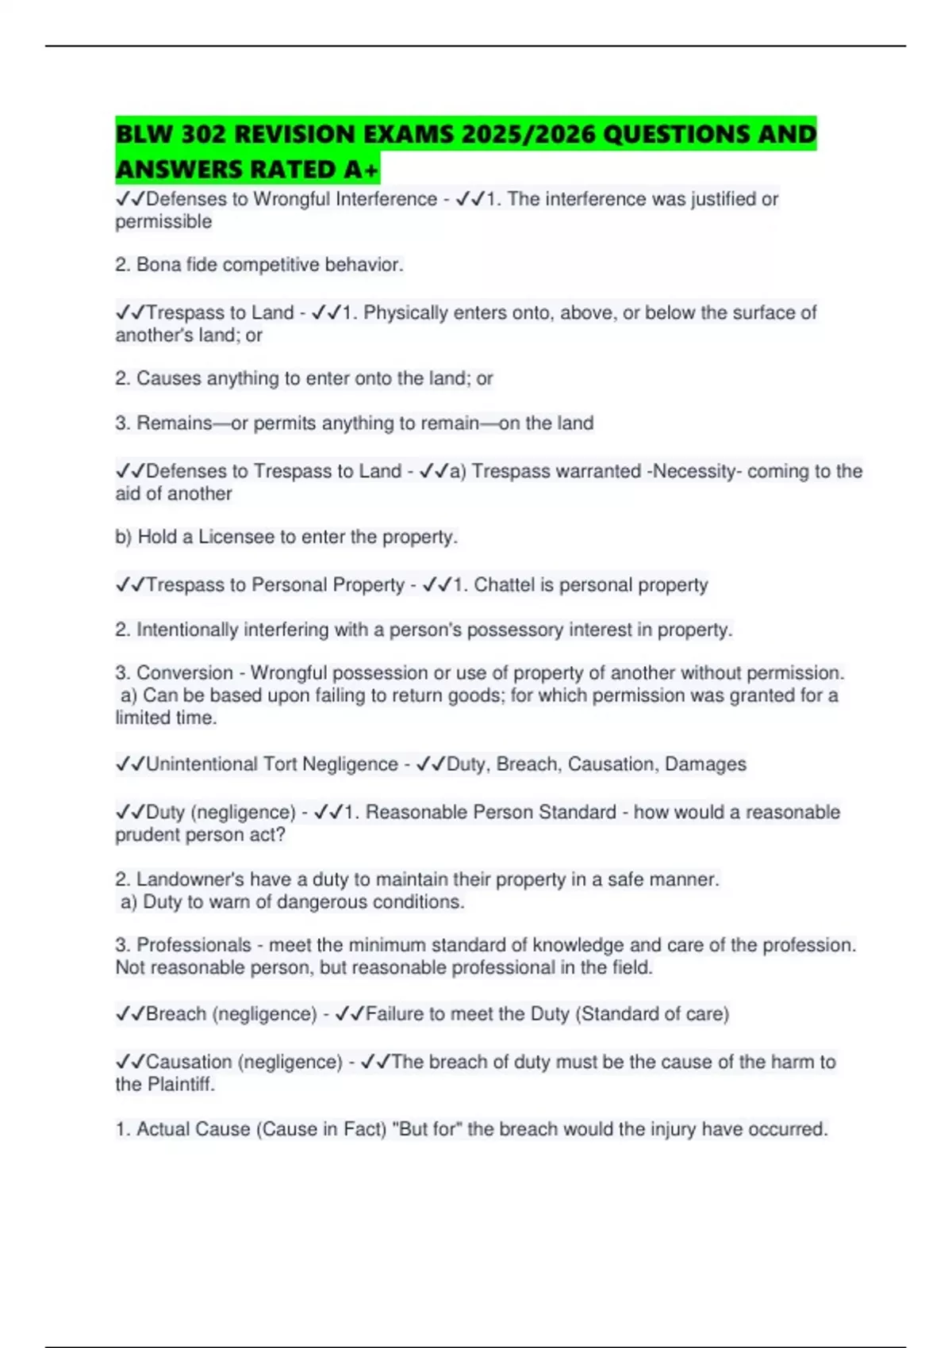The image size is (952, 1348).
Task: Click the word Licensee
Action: pos(236,537)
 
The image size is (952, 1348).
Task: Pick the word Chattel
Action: pos(504,585)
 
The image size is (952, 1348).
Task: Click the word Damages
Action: pos(705,764)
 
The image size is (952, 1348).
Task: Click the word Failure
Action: pos(394,1014)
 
